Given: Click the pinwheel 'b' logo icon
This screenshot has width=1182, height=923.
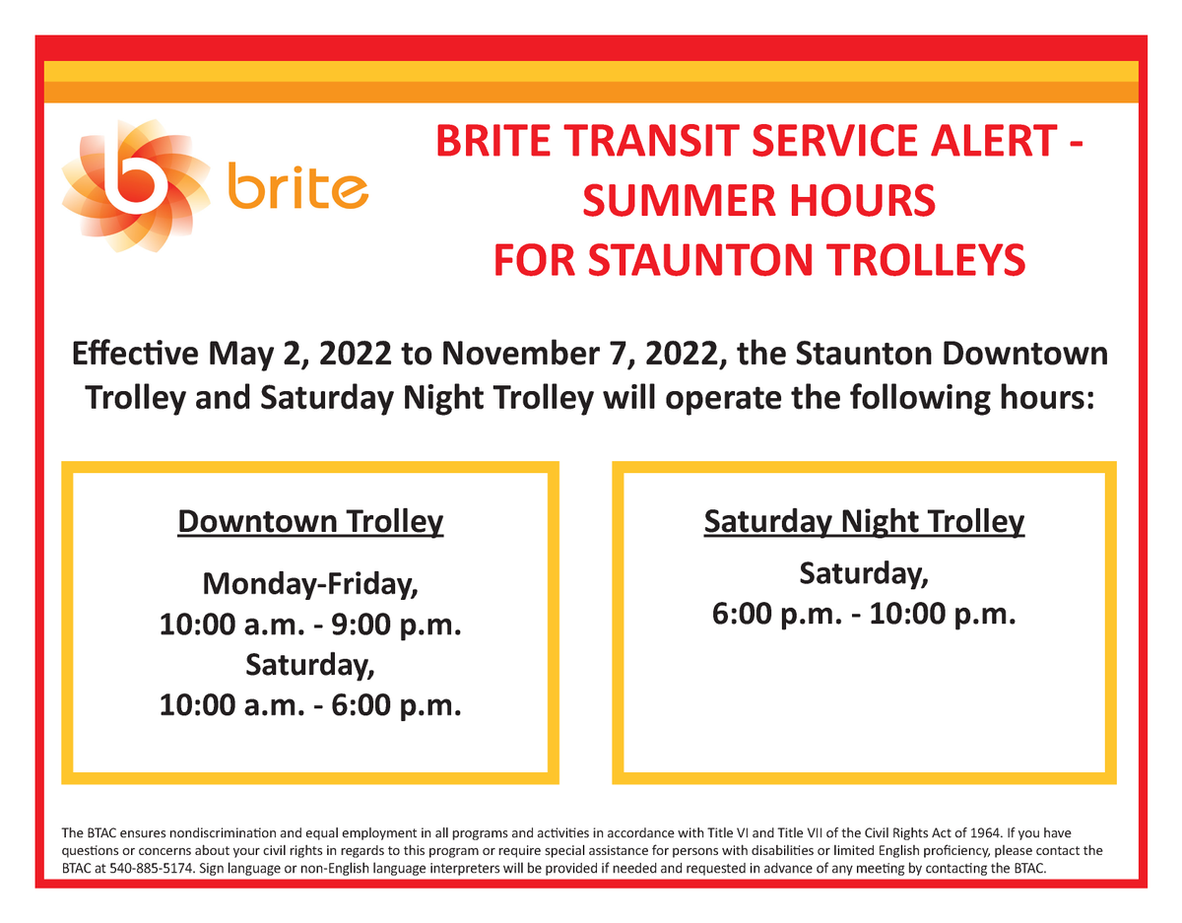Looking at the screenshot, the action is (136, 186).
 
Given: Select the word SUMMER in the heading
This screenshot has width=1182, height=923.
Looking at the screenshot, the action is (681, 200).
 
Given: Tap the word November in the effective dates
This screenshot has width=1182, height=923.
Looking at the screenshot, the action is (520, 354).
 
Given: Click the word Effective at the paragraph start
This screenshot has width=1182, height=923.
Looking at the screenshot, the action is (136, 354).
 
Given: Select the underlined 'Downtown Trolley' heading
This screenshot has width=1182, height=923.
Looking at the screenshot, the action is (310, 522).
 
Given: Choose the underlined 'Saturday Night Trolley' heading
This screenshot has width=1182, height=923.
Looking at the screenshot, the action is (864, 522).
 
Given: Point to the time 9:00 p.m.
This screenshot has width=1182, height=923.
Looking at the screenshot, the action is (397, 625).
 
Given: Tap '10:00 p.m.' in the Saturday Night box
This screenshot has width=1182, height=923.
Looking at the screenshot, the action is (943, 614).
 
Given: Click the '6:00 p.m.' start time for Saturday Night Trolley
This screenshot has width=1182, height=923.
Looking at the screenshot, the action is (777, 614).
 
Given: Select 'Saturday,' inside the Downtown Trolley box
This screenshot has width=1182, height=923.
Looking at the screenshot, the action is (310, 665).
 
